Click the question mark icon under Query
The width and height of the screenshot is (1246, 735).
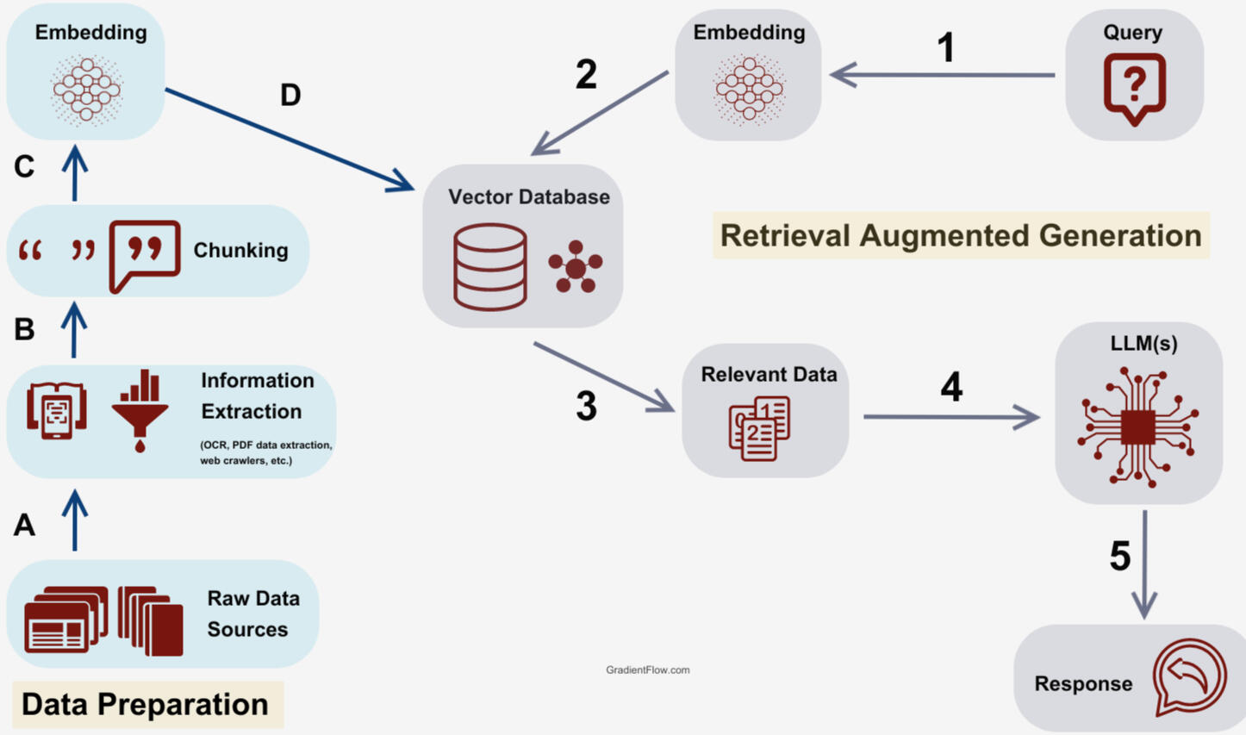tap(1134, 88)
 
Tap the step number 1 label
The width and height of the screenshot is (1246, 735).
tap(945, 47)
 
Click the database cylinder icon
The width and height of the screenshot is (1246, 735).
tap(490, 266)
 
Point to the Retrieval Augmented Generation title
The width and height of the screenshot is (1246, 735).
tap(961, 235)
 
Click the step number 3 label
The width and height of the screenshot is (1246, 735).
tap(586, 406)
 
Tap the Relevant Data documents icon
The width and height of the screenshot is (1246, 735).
tap(759, 428)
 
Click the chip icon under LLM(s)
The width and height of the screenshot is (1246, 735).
tap(1137, 425)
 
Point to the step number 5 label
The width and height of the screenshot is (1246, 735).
tap(1119, 556)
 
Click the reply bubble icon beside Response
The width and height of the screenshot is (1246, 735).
tap(1190, 676)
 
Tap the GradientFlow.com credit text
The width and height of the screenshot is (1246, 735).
tap(647, 670)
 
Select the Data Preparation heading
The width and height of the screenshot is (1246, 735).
tap(145, 704)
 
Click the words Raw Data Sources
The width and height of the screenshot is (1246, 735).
tap(252, 614)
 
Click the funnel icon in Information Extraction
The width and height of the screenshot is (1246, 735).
tap(140, 410)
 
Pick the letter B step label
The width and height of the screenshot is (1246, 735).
tap(24, 329)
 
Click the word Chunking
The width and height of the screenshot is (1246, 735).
tap(240, 250)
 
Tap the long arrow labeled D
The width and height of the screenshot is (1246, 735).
tap(289, 140)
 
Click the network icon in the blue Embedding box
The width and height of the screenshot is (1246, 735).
tap(86, 89)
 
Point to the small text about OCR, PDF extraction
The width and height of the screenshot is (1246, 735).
tap(265, 452)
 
